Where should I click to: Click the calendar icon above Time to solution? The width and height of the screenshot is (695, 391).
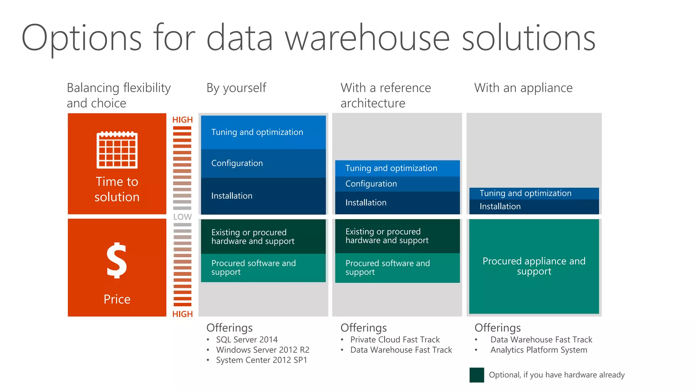[x=117, y=150]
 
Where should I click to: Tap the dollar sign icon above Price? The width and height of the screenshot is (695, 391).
[x=117, y=260]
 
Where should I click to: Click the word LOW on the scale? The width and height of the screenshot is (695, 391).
[x=182, y=217]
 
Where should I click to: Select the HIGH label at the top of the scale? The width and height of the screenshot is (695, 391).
[x=182, y=120]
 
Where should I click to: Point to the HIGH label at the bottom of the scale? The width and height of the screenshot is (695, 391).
[x=182, y=314]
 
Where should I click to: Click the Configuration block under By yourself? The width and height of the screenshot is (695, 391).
[x=263, y=163]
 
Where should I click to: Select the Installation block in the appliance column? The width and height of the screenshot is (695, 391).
[x=534, y=206]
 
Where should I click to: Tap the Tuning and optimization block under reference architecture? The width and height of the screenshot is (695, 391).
[x=397, y=168]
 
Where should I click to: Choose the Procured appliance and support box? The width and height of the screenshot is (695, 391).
[x=534, y=266]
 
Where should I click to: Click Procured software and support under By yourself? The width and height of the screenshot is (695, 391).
[x=263, y=268]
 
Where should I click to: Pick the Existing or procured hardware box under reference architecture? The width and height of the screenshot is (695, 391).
[x=397, y=236]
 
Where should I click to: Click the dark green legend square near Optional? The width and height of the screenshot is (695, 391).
[x=476, y=375]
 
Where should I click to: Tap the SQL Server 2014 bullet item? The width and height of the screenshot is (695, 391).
[x=247, y=340]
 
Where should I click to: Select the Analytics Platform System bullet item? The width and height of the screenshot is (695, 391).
[x=539, y=350]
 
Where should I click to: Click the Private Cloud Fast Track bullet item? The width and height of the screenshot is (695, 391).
[x=395, y=340]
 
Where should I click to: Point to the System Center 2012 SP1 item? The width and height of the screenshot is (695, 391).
[x=261, y=360]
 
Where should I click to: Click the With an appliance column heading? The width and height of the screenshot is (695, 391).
[x=523, y=88]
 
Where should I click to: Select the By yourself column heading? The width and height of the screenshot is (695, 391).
[x=236, y=88]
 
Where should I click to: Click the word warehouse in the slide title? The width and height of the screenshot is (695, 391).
[x=367, y=38]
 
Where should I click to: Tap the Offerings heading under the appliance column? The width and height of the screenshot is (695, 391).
[x=497, y=328]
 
